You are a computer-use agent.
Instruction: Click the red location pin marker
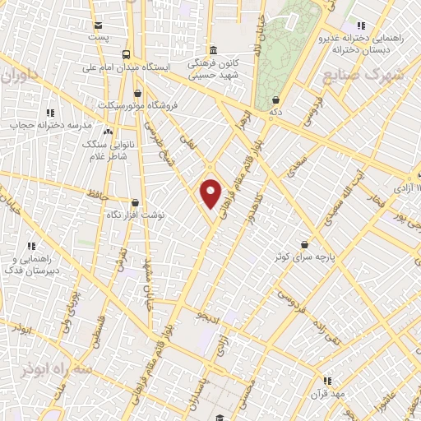click(211, 193)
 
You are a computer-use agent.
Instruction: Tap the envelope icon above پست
click(99, 25)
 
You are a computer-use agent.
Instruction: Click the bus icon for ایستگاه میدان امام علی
click(125, 54)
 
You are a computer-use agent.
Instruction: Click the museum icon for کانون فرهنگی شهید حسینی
click(213, 49)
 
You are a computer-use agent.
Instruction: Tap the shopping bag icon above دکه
click(274, 99)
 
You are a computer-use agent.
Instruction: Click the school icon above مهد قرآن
click(327, 381)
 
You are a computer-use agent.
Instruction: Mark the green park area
click(284, 49)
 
